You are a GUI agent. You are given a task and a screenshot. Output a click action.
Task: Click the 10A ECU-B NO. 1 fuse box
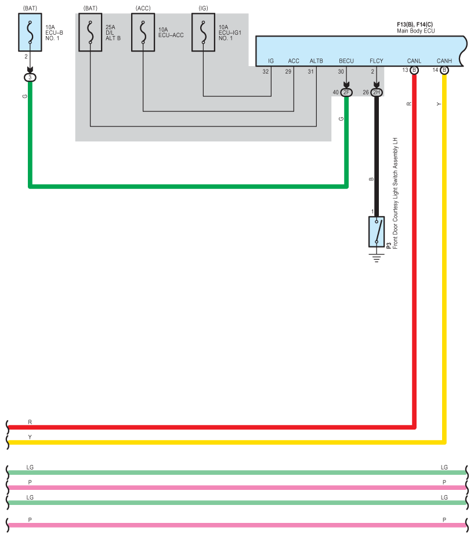[30, 32]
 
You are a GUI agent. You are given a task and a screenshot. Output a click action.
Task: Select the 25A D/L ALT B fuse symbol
[91, 32]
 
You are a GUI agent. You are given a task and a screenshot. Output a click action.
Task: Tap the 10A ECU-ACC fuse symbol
[143, 32]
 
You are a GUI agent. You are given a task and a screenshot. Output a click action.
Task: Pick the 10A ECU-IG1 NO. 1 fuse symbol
[203, 32]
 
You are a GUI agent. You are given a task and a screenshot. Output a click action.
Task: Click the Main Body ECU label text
[415, 31]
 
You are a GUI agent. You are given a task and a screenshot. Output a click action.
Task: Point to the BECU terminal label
[346, 61]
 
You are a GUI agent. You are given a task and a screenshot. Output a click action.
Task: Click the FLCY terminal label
[377, 61]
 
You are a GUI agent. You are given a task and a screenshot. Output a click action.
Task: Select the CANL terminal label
[414, 61]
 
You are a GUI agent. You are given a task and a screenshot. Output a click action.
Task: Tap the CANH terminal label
[444, 61]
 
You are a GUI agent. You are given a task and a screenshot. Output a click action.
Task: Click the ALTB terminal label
[316, 61]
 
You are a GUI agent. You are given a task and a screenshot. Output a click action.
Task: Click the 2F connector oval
[346, 92]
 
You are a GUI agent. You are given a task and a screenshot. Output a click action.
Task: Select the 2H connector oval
[377, 92]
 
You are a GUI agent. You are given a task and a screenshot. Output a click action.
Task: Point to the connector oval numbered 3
[30, 78]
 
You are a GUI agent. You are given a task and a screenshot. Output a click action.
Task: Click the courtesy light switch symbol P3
[377, 231]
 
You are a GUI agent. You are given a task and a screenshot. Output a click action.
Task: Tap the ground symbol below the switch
[377, 257]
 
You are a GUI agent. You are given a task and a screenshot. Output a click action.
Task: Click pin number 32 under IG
[266, 71]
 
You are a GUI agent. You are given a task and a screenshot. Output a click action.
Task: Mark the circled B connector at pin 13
[414, 70]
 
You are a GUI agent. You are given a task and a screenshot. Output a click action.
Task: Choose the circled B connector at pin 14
[444, 70]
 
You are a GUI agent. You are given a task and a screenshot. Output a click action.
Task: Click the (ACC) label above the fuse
[143, 8]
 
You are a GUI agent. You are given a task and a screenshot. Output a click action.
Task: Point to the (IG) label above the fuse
[203, 8]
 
